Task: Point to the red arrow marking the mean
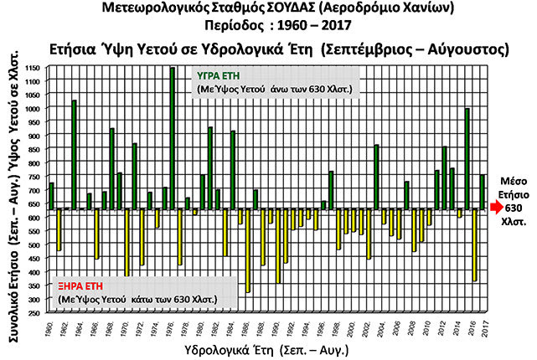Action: pyautogui.click(x=496, y=206)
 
